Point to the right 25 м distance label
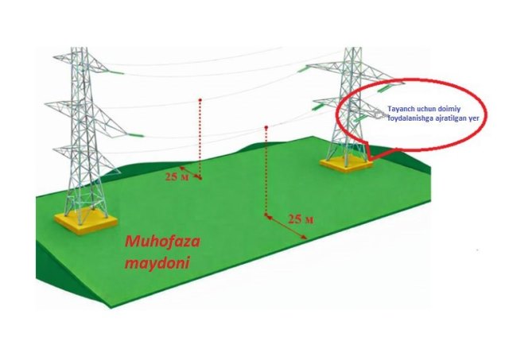point(299,218)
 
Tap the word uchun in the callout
point(429,108)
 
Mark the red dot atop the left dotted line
point(200,100)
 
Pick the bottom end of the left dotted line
point(200,180)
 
